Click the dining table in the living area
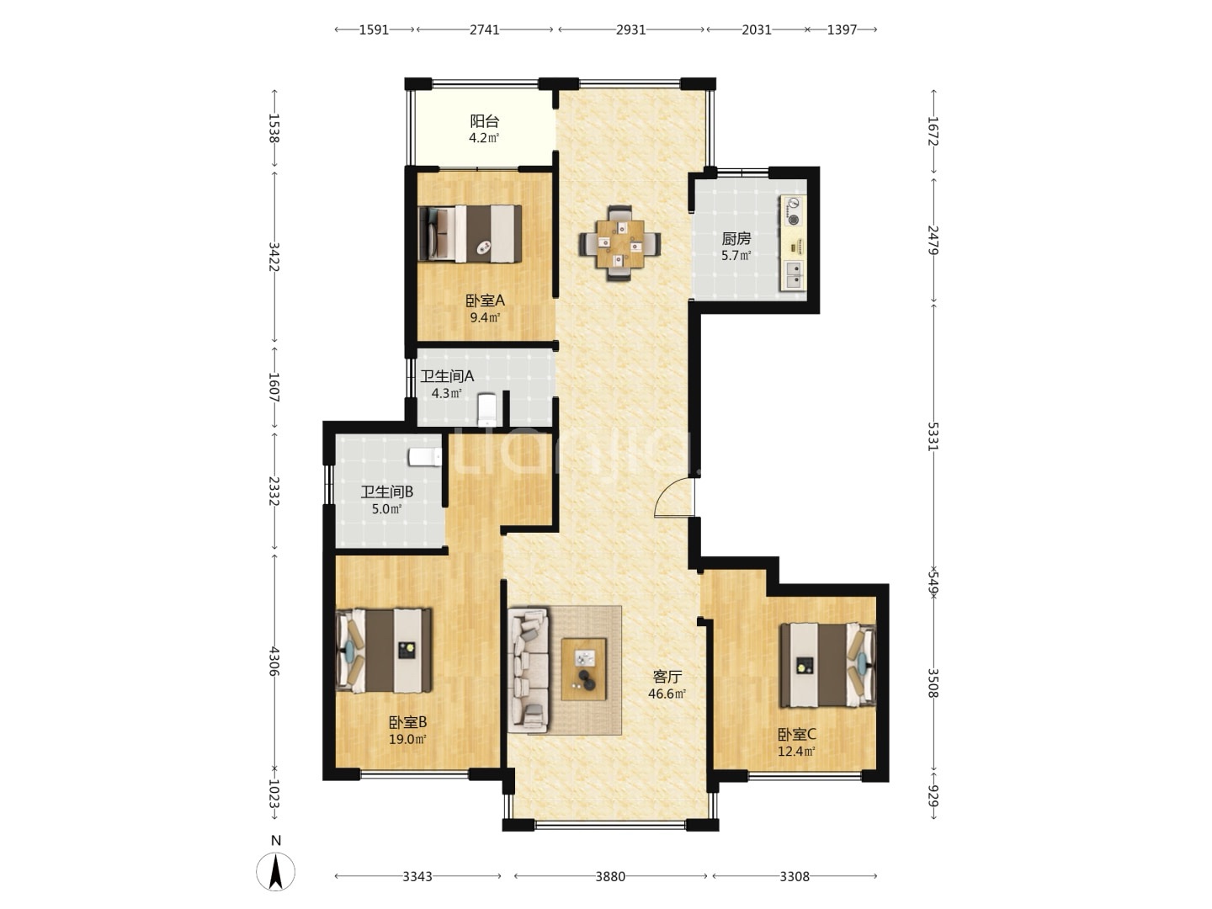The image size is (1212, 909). click(x=619, y=243)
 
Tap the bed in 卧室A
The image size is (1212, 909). click(x=470, y=233)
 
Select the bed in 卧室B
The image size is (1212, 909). click(x=384, y=650)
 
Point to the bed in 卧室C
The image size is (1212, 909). click(x=827, y=665)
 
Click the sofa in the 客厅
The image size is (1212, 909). click(x=529, y=670)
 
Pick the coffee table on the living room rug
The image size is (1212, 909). click(x=583, y=669)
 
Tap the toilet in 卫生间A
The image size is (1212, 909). click(x=487, y=409)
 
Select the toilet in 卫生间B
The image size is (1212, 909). click(x=424, y=457)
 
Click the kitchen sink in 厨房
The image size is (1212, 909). click(x=792, y=275)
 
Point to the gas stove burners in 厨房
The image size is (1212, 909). click(x=793, y=211)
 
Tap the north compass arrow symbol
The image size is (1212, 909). click(x=275, y=872)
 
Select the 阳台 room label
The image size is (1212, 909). click(x=484, y=121)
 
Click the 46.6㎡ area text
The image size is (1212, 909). click(x=667, y=694)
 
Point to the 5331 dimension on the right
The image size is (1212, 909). click(x=933, y=436)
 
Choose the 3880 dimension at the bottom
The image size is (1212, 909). click(x=610, y=876)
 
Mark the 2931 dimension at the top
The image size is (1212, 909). click(x=630, y=29)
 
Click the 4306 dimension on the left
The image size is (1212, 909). click(x=274, y=662)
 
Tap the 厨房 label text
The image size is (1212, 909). click(x=736, y=238)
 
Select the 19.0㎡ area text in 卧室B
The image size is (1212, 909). click(x=407, y=739)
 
